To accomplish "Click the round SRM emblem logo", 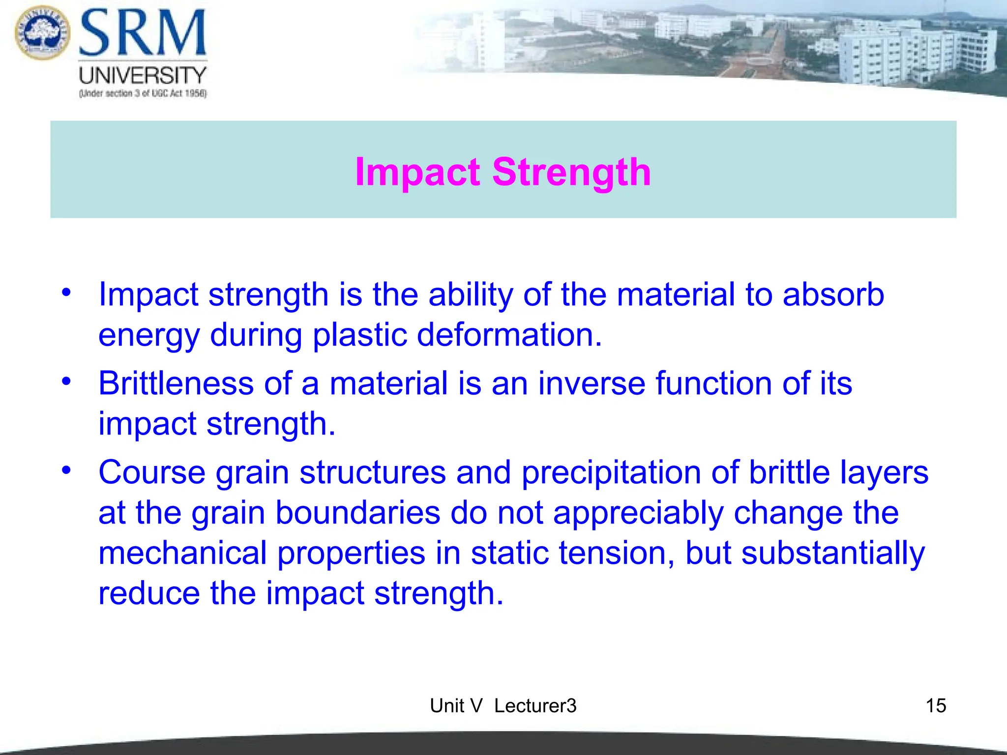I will [x=42, y=32].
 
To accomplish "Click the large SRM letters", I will [x=143, y=33].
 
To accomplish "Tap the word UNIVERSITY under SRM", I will [x=143, y=76].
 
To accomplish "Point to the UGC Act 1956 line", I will [x=143, y=93].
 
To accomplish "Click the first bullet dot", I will [x=66, y=292].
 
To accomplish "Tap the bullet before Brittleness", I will [x=66, y=381].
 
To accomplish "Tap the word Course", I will [x=152, y=473].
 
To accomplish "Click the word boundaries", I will [x=357, y=513].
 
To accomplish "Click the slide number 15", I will [x=936, y=706].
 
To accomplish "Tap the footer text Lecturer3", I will [x=535, y=706].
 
